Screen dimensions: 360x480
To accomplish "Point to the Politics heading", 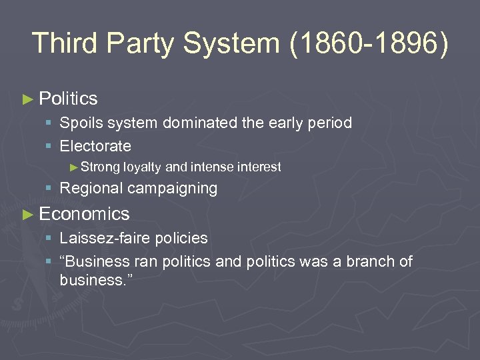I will (x=68, y=99).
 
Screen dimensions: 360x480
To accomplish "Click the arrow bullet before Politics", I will (x=27, y=99).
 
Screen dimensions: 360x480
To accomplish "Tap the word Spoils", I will (x=79, y=123).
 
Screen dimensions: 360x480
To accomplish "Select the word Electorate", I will (x=95, y=145).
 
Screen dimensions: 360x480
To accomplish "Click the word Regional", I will (x=91, y=189).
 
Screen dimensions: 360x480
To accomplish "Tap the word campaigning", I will (x=173, y=189).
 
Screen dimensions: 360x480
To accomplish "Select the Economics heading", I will (x=84, y=213).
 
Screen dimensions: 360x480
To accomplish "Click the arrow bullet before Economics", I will (x=27, y=214).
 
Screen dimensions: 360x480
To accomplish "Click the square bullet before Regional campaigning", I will (x=49, y=189).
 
